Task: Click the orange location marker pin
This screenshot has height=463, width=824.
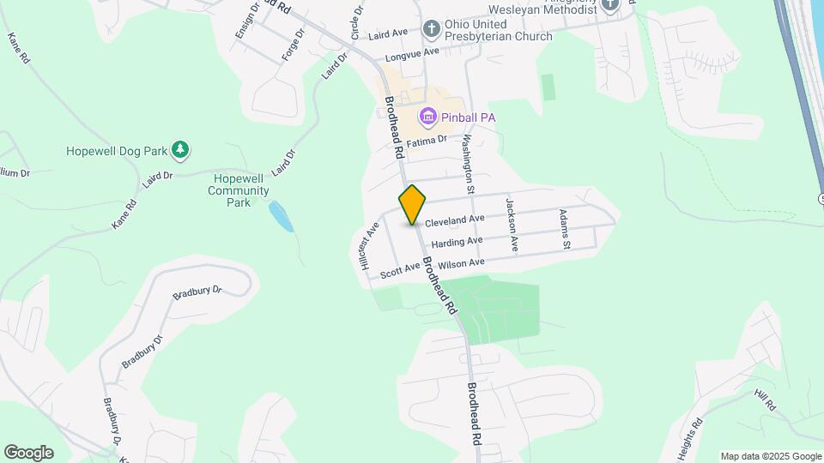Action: (413, 204)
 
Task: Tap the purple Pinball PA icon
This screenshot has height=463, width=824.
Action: (427, 116)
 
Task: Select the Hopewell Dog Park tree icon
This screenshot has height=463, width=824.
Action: (179, 151)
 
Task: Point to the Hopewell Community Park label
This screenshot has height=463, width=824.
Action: (239, 190)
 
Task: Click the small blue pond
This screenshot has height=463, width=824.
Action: (281, 216)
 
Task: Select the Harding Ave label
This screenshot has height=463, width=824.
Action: (457, 243)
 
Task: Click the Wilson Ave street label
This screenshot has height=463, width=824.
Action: (461, 262)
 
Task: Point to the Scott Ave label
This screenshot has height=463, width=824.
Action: (400, 269)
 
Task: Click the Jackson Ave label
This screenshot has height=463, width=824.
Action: (512, 225)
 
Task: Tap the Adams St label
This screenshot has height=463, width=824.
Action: (565, 229)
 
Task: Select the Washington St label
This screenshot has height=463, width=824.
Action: (470, 161)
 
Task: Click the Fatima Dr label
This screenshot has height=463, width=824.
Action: (427, 141)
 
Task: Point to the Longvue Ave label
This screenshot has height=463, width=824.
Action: (412, 53)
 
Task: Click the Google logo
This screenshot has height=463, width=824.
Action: (28, 453)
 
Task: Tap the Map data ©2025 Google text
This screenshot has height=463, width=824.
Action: (770, 456)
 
